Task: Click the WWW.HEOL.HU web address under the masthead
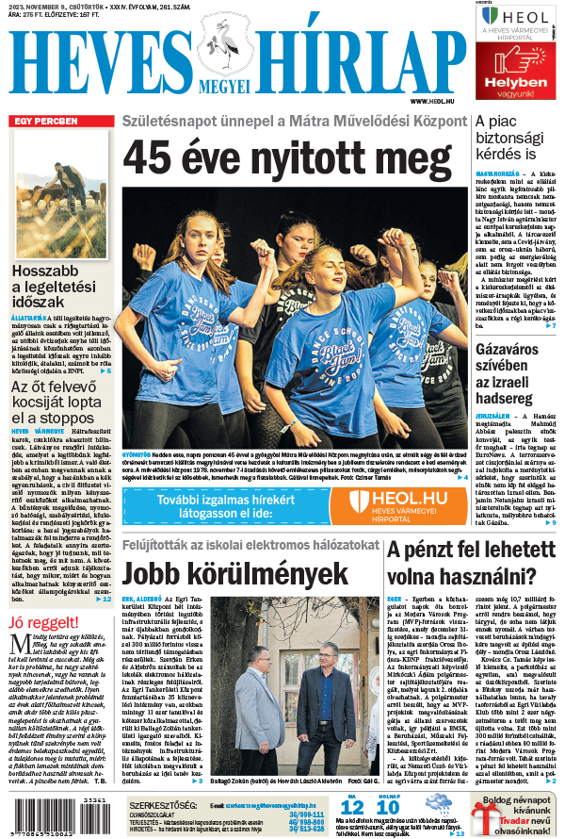(x=434, y=101)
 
